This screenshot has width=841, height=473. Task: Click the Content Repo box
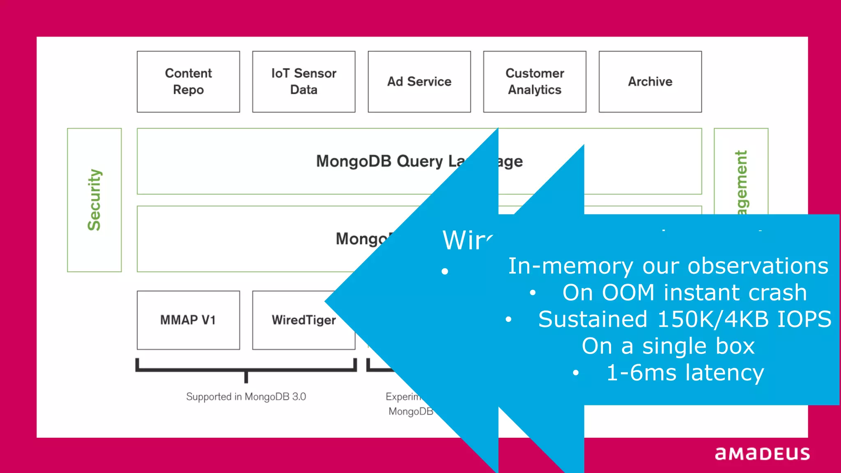click(x=188, y=81)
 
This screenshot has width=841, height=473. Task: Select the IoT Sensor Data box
click(x=303, y=81)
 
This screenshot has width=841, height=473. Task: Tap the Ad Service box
click(x=419, y=81)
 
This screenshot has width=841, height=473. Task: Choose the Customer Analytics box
click(x=534, y=81)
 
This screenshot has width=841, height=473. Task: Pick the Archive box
click(x=650, y=81)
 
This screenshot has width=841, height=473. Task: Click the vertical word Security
click(x=94, y=200)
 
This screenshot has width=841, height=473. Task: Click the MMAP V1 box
click(x=188, y=320)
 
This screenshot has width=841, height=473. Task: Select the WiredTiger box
click(x=303, y=320)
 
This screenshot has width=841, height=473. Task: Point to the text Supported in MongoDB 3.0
click(x=246, y=397)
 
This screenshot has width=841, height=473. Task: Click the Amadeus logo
click(x=762, y=454)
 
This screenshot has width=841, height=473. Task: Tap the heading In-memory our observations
click(x=668, y=266)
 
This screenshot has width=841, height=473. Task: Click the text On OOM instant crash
click(x=685, y=293)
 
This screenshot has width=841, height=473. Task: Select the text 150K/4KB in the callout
click(x=713, y=319)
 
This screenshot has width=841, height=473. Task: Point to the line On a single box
click(x=668, y=346)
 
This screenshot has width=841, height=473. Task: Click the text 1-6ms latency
click(x=685, y=373)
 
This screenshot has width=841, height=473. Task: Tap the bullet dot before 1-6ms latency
click(x=576, y=373)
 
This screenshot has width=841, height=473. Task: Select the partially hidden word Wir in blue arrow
click(x=467, y=240)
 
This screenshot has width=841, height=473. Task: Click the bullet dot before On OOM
click(x=533, y=293)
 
